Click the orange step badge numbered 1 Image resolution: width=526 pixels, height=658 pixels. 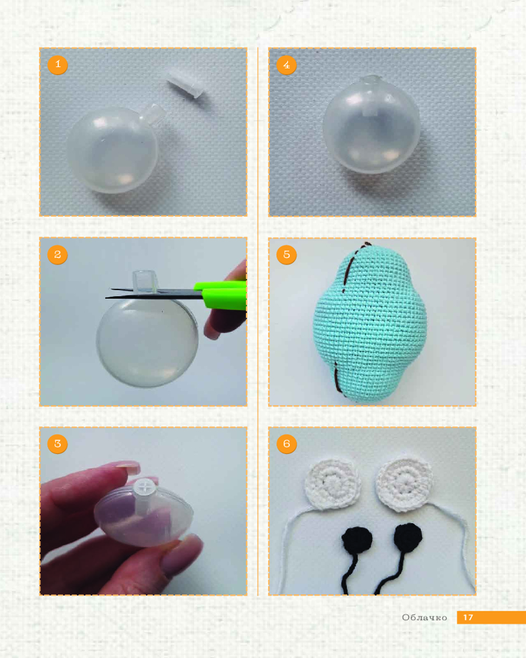point(57,64)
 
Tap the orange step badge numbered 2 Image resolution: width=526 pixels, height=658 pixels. point(57,254)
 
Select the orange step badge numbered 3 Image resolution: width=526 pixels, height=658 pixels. point(57,443)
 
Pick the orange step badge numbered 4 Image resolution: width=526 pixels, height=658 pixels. point(287,64)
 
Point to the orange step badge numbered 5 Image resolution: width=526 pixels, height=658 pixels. point(287,254)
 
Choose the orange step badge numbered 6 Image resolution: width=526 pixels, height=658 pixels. point(287,443)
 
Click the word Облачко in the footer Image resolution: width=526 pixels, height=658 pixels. point(425,617)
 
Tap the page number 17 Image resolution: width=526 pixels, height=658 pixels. point(468,617)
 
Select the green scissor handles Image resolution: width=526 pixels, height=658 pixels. point(220,295)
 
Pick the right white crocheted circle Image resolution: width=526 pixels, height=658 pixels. point(404,485)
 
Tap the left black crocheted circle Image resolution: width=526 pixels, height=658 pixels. point(357,540)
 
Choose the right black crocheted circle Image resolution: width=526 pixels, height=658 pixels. point(408,537)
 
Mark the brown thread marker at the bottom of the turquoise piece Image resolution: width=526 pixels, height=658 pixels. point(338,378)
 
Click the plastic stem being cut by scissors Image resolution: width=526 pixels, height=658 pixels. point(145,281)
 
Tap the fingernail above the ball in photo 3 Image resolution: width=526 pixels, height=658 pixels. point(128,467)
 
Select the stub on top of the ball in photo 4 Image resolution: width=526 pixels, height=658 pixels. point(371,80)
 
